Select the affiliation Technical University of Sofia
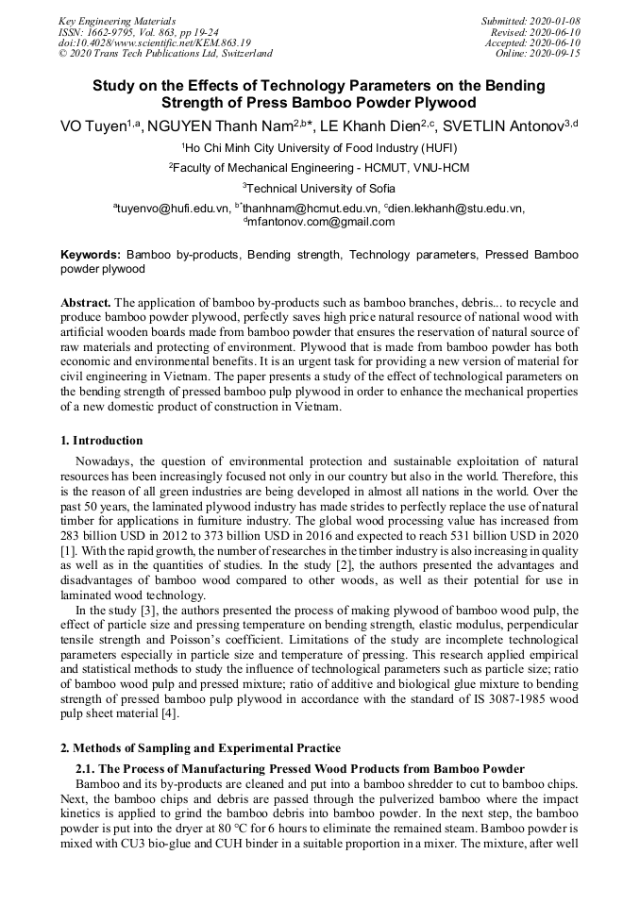pyautogui.click(x=321, y=188)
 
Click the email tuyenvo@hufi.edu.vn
pyautogui.click(x=174, y=209)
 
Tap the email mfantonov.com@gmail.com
pyautogui.click(x=322, y=222)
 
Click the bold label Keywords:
pyautogui.click(x=91, y=255)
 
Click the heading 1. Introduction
pyautogui.click(x=102, y=441)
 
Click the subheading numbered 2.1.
pyautogui.click(x=86, y=768)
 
